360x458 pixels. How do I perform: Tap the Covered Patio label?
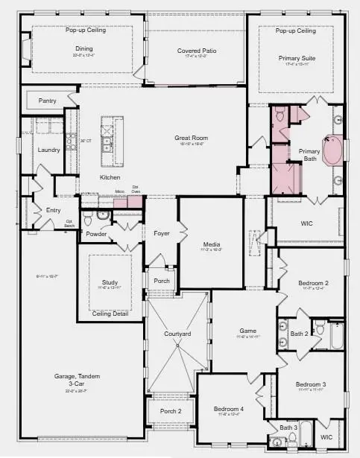coord(197,51)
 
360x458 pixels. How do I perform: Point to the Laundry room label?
coord(49,150)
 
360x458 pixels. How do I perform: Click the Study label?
coord(110,282)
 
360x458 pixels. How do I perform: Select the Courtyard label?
coord(177,334)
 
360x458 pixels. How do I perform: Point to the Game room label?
coord(247,330)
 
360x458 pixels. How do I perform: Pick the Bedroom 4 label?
coord(230,409)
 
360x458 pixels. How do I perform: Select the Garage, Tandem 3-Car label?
coord(78,380)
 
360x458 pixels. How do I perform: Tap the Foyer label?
coord(162,234)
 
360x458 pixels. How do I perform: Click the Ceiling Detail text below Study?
coord(110,314)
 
